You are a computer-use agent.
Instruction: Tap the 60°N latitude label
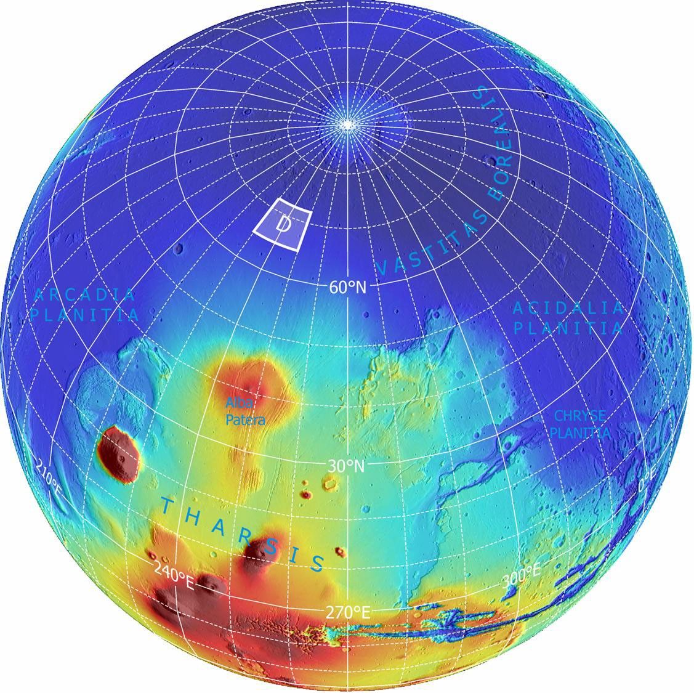[x=347, y=286]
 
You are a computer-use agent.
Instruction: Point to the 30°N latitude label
[x=346, y=466]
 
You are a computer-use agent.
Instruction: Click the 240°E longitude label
[x=174, y=579]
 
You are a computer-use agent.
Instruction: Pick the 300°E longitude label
[x=522, y=577]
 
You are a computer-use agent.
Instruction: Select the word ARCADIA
[x=84, y=294]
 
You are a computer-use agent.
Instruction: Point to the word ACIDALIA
[x=568, y=308]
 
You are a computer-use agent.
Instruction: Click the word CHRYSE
[x=579, y=416]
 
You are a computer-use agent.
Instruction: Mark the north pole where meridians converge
[x=348, y=124]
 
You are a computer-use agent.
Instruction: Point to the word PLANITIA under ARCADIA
[x=85, y=315]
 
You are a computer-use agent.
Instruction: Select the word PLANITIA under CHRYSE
[x=581, y=432]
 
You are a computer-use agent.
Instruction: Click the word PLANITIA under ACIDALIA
[x=568, y=327]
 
